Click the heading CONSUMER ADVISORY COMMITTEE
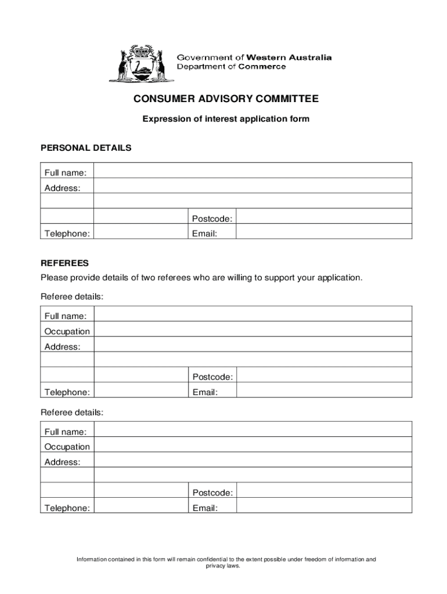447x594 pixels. pyautogui.click(x=226, y=99)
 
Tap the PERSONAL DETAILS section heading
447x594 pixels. pyautogui.click(x=86, y=148)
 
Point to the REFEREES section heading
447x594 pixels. pyautogui.click(x=64, y=263)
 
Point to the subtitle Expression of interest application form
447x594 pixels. pyautogui.click(x=226, y=119)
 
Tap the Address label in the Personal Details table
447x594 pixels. pyautogui.click(x=62, y=188)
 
